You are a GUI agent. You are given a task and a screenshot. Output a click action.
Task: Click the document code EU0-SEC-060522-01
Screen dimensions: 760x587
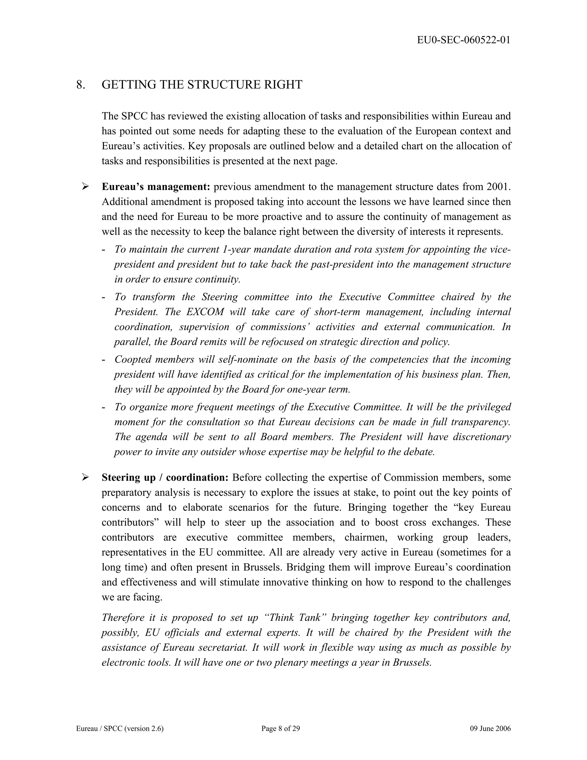[463, 40]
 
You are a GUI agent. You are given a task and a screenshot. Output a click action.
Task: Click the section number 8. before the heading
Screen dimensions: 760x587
[81, 85]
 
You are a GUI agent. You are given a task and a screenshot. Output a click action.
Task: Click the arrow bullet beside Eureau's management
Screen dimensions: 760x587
[85, 187]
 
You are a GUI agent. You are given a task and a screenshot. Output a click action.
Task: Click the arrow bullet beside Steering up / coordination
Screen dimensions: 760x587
[85, 478]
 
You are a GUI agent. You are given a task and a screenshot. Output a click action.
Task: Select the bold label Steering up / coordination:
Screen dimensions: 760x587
[165, 478]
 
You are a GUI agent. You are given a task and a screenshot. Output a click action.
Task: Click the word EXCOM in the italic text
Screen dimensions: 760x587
[205, 312]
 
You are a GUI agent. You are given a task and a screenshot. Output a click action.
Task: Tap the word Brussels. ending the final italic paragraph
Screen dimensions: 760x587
[412, 662]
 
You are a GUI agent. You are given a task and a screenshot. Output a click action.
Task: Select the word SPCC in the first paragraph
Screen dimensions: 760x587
[136, 116]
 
